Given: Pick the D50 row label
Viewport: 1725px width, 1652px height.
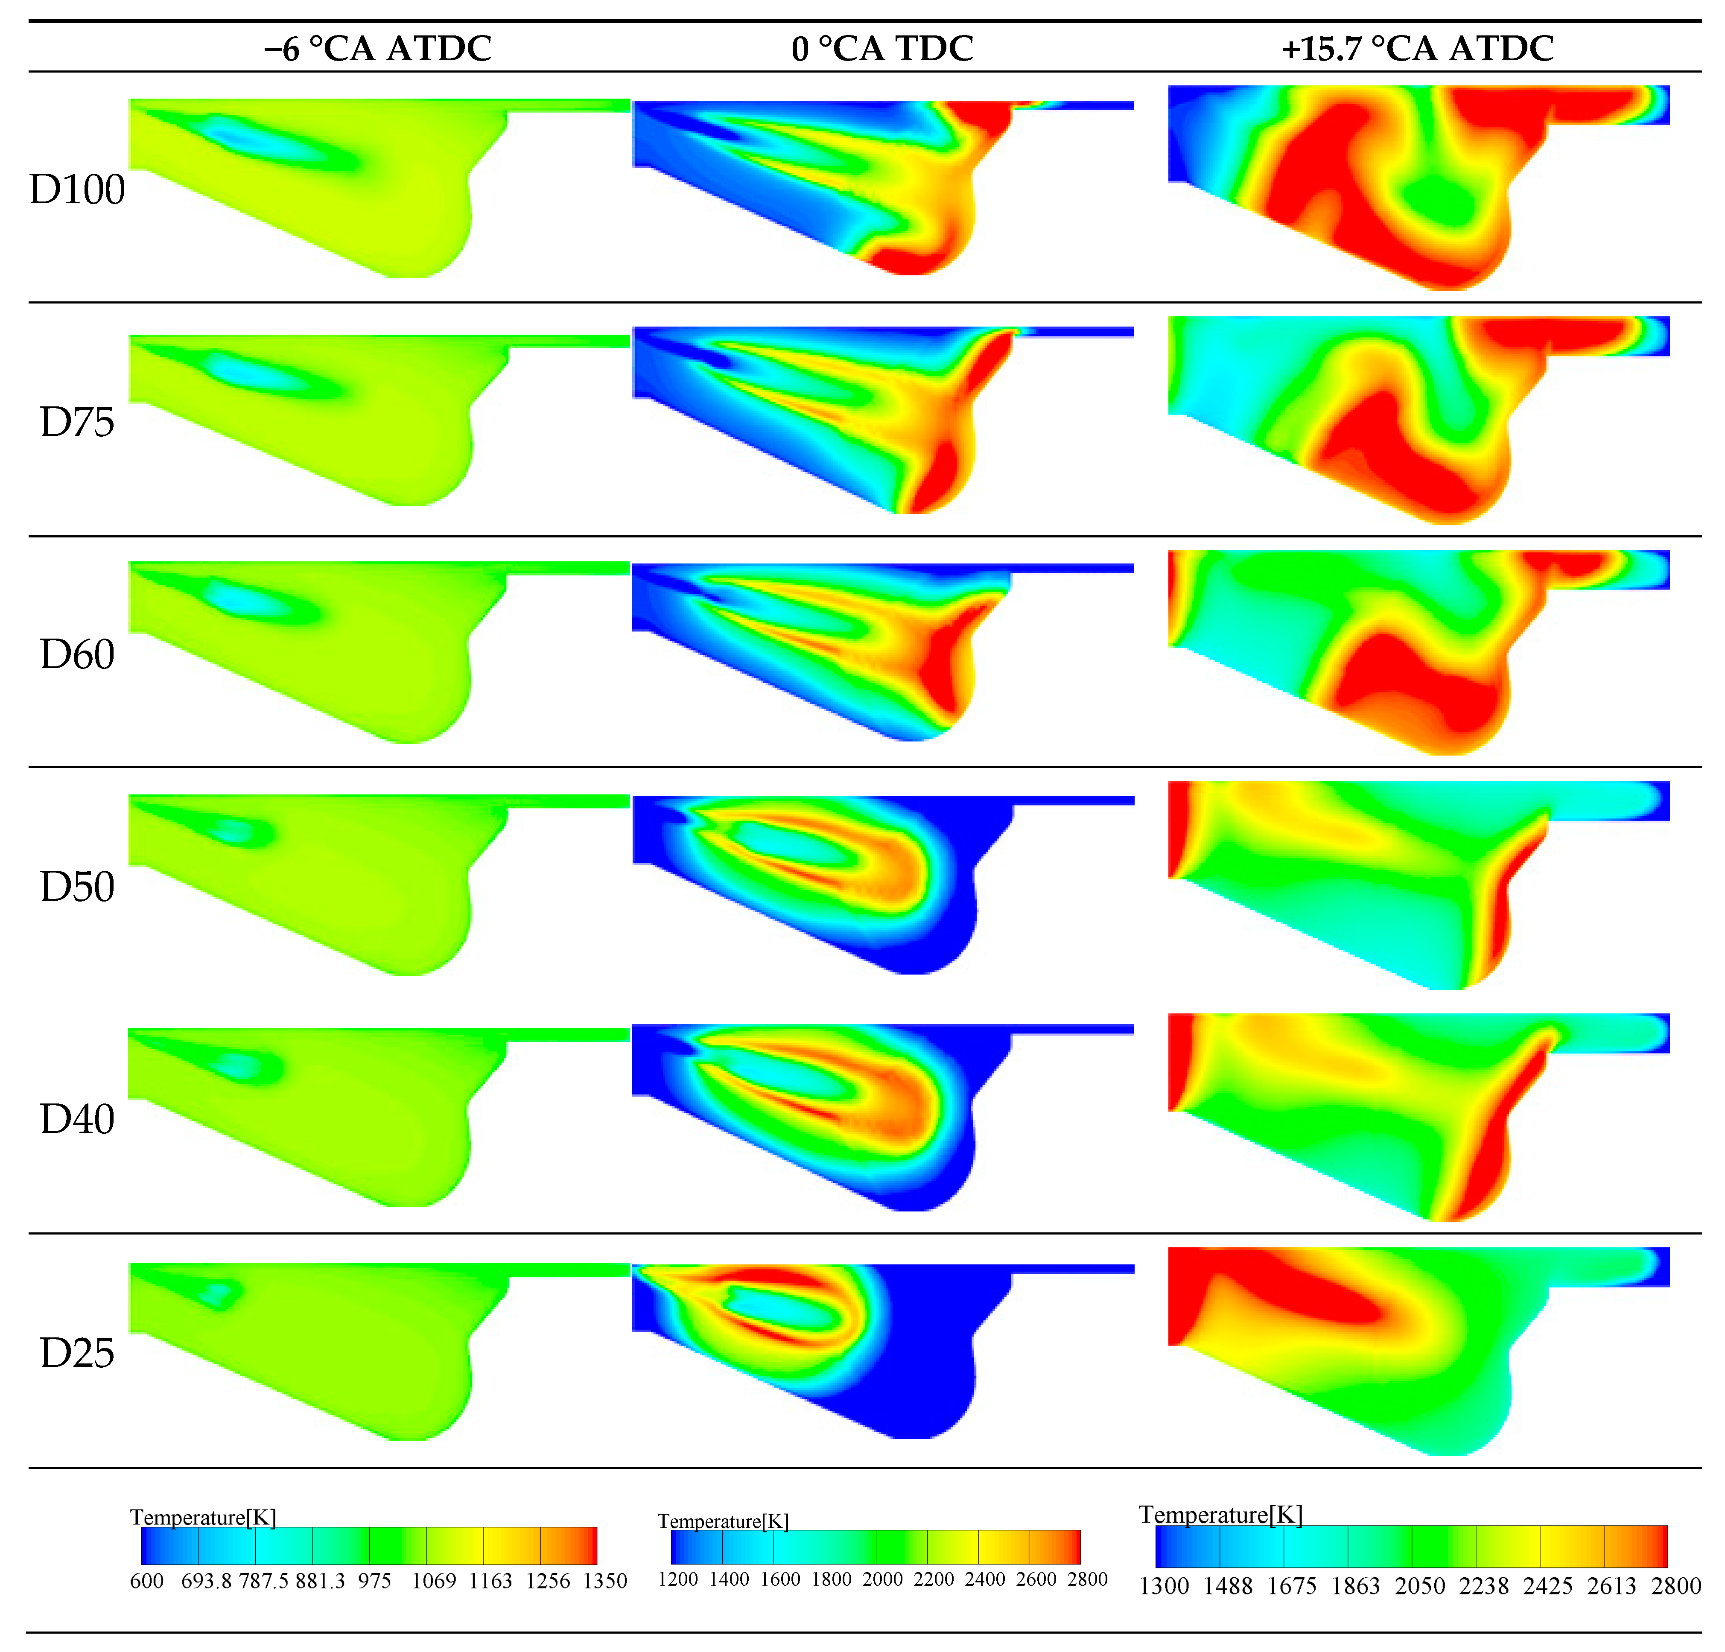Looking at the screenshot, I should click(x=77, y=886).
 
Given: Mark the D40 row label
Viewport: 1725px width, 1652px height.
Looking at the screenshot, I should click(x=77, y=1119).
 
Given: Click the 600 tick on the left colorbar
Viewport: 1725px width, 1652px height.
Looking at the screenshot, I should click(x=147, y=1581).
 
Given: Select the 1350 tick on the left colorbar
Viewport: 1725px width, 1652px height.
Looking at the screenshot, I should click(x=604, y=1581).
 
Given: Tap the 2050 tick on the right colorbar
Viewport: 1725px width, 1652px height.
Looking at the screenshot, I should click(x=1420, y=1586).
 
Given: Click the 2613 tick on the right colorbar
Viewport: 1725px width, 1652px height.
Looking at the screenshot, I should click(x=1611, y=1586).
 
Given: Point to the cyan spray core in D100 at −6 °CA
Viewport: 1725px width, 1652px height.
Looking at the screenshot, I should click(x=255, y=141).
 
